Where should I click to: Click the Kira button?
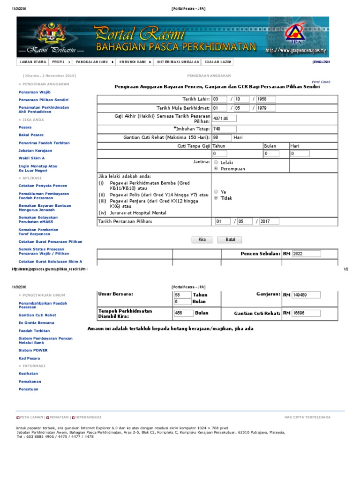coord(202,240)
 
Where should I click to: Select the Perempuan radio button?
coord(216,168)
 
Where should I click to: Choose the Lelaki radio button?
coord(216,162)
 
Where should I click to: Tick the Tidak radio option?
coord(216,198)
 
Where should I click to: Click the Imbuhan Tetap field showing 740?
coord(224,129)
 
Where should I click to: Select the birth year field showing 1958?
coord(266,99)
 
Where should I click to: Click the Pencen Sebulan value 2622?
coord(306,254)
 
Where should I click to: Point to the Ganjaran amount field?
coord(306,295)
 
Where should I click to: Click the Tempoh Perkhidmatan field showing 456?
coord(183,313)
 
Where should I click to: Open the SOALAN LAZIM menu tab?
coord(215,62)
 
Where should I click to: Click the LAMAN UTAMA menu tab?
coord(32,62)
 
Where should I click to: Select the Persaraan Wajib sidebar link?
coord(34,92)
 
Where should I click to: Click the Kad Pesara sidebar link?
coord(30,358)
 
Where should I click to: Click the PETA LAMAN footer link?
coord(31,417)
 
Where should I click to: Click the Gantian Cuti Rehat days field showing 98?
coord(221,138)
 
